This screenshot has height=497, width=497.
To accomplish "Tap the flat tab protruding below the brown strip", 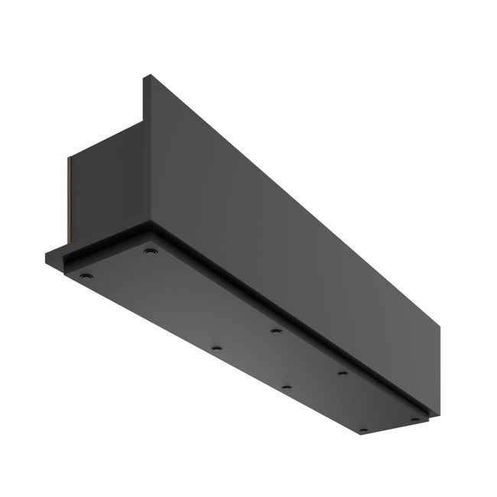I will click(x=57, y=255).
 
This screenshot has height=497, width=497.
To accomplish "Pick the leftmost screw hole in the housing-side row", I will click(x=149, y=250).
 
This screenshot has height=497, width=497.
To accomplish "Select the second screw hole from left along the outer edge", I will click(x=216, y=348).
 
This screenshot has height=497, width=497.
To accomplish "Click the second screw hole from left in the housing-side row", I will click(x=275, y=332).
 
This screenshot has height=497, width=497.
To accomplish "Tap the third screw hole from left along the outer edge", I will click(x=286, y=388).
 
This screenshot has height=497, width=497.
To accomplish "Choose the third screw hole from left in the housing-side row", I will click(x=343, y=373).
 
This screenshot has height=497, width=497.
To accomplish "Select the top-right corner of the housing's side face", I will click(x=442, y=324).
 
